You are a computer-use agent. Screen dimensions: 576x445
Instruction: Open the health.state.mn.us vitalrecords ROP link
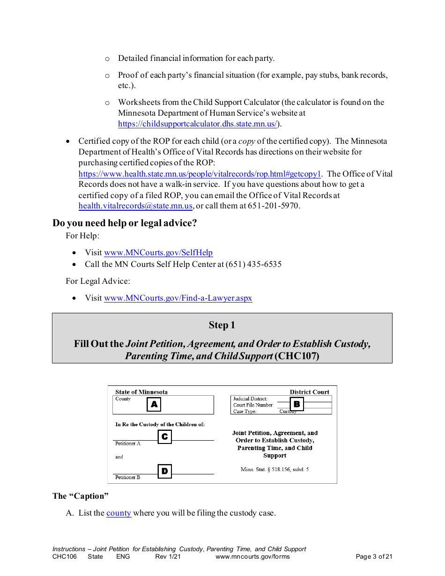click(200, 174)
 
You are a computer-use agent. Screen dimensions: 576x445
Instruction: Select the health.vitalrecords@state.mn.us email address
click(135, 206)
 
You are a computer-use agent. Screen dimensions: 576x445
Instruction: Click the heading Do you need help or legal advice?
click(125, 223)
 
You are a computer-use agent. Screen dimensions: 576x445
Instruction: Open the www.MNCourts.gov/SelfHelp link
click(158, 253)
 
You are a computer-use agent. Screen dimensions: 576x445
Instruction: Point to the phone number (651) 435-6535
click(253, 264)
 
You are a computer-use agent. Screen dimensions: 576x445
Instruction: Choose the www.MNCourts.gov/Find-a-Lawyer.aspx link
click(178, 298)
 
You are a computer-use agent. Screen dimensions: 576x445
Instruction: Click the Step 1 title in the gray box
click(222, 325)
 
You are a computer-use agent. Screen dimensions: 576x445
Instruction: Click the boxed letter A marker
click(154, 405)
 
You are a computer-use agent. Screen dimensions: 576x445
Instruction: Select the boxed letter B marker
click(297, 404)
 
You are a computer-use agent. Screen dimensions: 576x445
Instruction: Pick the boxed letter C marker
click(164, 437)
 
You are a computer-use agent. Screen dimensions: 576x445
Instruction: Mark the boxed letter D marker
click(164, 471)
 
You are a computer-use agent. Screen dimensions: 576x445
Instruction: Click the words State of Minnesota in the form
click(141, 392)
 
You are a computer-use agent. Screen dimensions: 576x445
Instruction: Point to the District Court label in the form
click(309, 392)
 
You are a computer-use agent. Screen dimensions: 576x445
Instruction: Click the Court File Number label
click(253, 405)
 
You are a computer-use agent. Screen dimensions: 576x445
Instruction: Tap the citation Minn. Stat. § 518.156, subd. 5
click(274, 469)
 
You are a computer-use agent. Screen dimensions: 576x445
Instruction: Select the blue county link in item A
click(119, 513)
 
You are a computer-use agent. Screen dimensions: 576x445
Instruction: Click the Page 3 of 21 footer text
click(374, 557)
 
